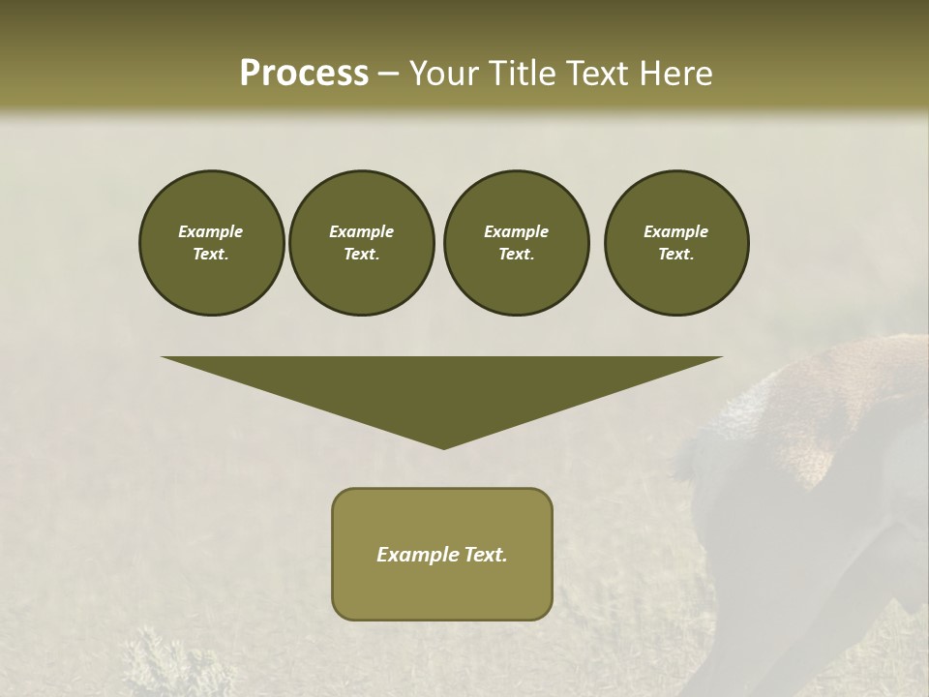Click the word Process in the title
[304, 74]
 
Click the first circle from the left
[211, 243]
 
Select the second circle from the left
[361, 243]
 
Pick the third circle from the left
[516, 243]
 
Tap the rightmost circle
[676, 243]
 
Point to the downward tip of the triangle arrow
[443, 447]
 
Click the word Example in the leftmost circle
[211, 232]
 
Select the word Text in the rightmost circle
[674, 255]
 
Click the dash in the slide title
[388, 75]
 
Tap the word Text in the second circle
[360, 255]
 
